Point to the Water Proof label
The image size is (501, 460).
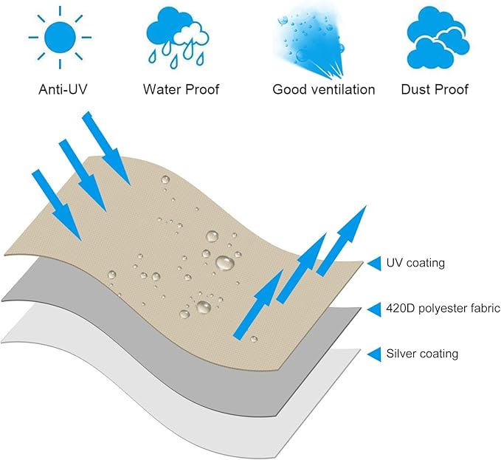click(181, 89)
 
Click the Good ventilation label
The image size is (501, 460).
click(324, 89)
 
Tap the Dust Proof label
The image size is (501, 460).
click(435, 89)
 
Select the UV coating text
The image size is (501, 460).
click(415, 262)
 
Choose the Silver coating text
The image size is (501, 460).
click(422, 354)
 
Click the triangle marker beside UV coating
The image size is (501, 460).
click(373, 262)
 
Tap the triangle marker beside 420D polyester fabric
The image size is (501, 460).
click(373, 308)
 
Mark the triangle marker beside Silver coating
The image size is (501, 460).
click(373, 354)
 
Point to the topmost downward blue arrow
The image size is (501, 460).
click(108, 148)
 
